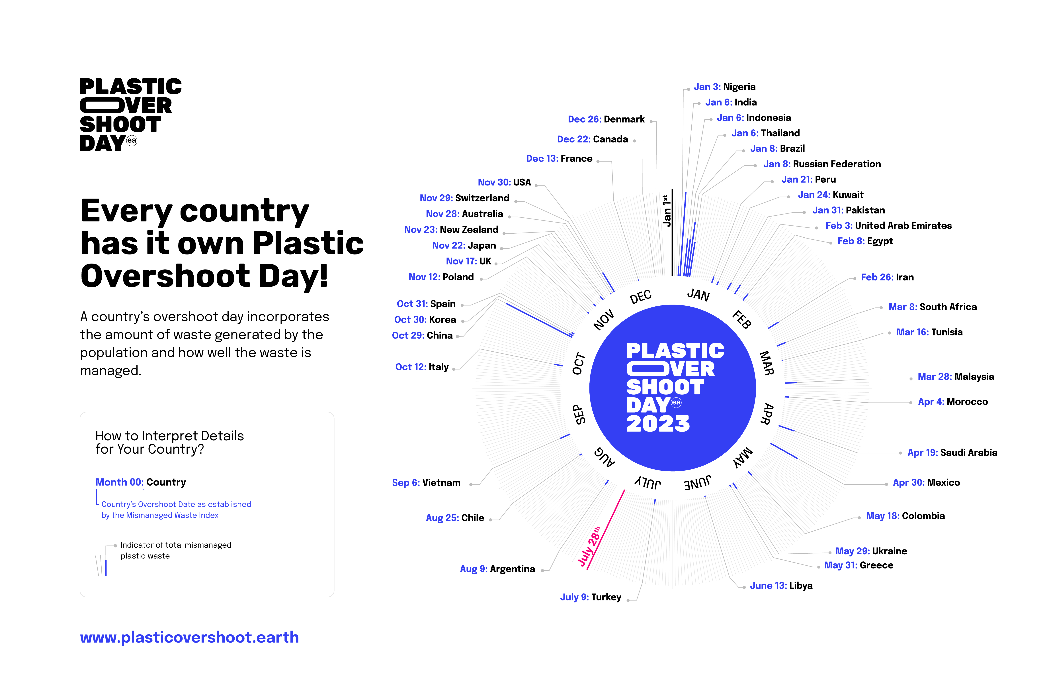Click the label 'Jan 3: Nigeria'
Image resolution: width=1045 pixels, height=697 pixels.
pyautogui.click(x=725, y=87)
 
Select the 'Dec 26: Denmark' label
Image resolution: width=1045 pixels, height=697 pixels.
pyautogui.click(x=606, y=119)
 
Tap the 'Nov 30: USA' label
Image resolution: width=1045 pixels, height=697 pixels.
pyautogui.click(x=504, y=182)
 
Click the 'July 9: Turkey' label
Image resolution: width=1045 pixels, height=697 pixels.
pyautogui.click(x=591, y=597)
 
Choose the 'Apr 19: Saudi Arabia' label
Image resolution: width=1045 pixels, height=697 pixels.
pyautogui.click(x=952, y=453)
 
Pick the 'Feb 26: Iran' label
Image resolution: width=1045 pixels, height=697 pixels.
pyautogui.click(x=887, y=277)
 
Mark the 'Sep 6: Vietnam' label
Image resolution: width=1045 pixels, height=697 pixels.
pyautogui.click(x=426, y=483)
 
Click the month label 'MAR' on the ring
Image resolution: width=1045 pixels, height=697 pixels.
pyautogui.click(x=767, y=363)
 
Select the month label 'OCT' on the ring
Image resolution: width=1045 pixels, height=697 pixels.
pyautogui.click(x=579, y=364)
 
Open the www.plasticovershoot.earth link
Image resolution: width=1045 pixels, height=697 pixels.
pyautogui.click(x=189, y=637)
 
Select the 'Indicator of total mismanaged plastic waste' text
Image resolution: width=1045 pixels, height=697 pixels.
pyautogui.click(x=176, y=550)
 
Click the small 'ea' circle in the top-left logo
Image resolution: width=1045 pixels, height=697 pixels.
pyautogui.click(x=132, y=140)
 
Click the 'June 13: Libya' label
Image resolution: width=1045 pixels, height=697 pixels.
pyautogui.click(x=781, y=586)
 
